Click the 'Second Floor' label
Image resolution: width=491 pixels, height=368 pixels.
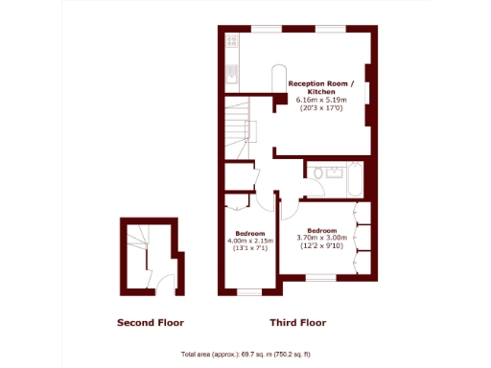coord(150,322)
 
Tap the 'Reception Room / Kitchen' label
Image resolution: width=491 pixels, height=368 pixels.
coord(327,87)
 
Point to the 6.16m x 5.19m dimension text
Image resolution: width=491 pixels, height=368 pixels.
coord(327,100)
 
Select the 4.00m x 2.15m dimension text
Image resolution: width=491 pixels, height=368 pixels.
coord(250,241)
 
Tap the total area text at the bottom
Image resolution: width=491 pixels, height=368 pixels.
coord(246,352)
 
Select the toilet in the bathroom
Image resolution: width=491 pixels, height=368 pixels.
coord(316,172)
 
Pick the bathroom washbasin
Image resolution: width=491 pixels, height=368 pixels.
coord(335,173)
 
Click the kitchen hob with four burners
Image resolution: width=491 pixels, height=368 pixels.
coord(231,43)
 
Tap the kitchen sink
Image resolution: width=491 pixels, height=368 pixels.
coord(230,71)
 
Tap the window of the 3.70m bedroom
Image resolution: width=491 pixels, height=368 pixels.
coord(319,279)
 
